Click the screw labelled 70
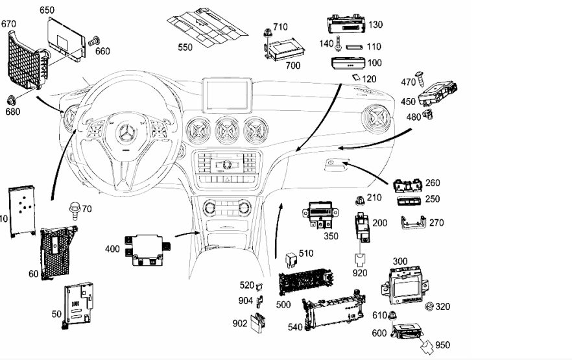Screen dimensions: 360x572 click(73, 210)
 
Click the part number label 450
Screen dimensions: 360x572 click(409, 101)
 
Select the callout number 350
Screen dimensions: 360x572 click(331, 236)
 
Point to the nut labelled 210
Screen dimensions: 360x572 click(359, 200)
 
